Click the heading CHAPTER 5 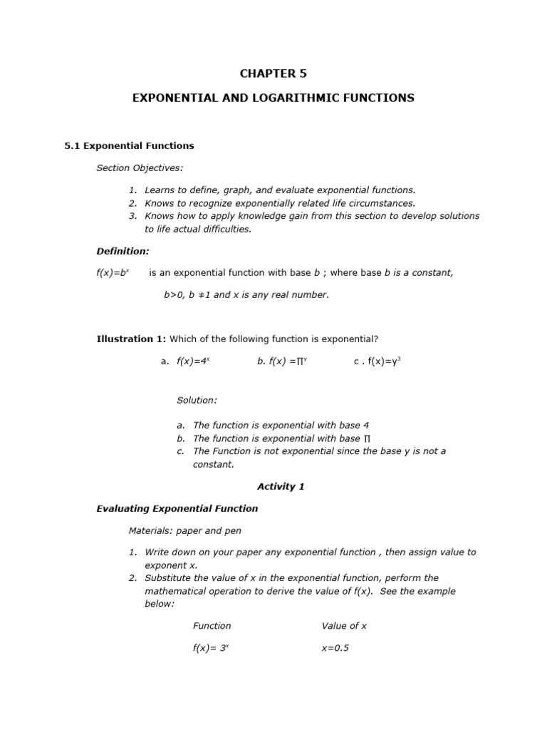(x=273, y=73)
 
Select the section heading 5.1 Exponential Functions (x=129, y=145)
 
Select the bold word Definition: (x=123, y=251)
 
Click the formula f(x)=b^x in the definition (x=113, y=273)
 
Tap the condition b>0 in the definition (x=175, y=295)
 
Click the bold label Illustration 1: (x=131, y=339)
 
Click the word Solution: (x=197, y=401)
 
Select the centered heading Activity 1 (x=281, y=487)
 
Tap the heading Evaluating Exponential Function (x=177, y=509)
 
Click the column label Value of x (x=344, y=626)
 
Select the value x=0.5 (x=335, y=649)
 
